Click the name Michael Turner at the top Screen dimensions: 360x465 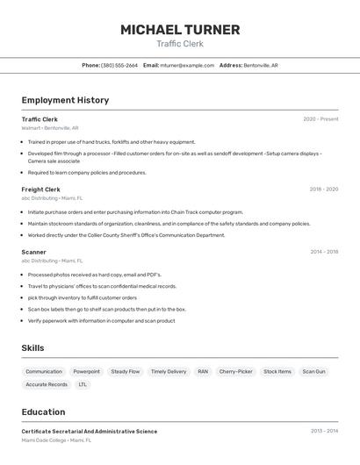pos(180,30)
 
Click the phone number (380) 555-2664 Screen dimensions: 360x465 pos(119,65)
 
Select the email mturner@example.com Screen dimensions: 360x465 pos(187,65)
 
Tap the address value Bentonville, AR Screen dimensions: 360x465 pos(261,65)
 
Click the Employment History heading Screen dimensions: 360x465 pos(65,100)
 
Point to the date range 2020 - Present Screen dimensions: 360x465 pos(320,119)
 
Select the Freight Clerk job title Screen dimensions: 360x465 pos(40,190)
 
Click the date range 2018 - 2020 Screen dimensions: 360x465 pos(323,190)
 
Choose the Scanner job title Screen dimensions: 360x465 pos(33,252)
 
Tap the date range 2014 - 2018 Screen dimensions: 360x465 pos(324,252)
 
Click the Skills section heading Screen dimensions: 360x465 pos(32,348)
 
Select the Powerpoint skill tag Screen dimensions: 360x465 pos(86,371)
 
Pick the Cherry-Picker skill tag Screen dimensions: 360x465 pos(235,371)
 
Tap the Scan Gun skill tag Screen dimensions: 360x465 pos(313,371)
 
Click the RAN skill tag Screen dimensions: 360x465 pos(203,371)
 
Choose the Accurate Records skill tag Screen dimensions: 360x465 pos(47,384)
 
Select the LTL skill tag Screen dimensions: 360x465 pos(83,384)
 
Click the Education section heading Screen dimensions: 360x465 pos(43,411)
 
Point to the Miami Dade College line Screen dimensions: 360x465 pos(56,440)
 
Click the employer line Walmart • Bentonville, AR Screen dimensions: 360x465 pos(50,128)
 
